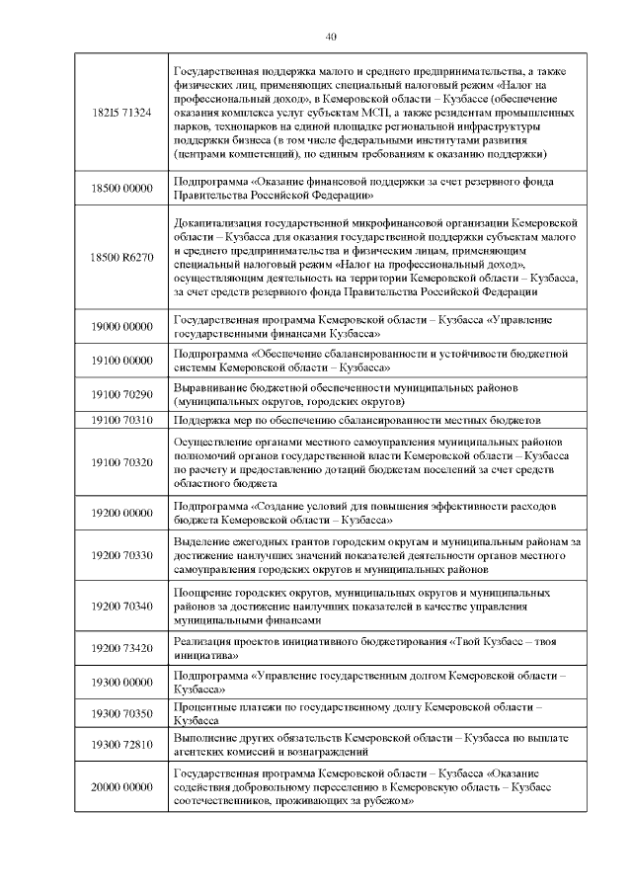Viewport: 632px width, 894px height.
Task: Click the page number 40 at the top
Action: click(x=331, y=37)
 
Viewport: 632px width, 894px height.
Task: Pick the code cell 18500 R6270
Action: click(x=120, y=258)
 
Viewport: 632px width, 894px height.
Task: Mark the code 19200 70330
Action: click(x=120, y=556)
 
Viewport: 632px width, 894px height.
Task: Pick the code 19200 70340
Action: click(x=120, y=607)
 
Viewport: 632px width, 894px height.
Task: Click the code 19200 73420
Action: click(x=120, y=648)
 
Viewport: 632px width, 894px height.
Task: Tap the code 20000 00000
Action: click(x=120, y=786)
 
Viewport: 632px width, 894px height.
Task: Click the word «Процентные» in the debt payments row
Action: click(x=202, y=708)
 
